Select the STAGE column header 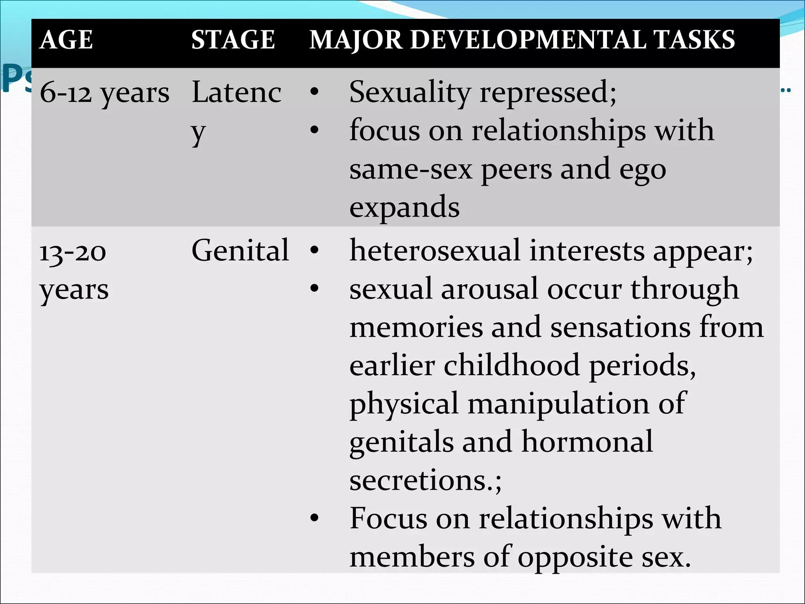point(233,40)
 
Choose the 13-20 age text point(73,252)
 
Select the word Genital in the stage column point(240,250)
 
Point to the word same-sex point(411,170)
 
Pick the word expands point(404,207)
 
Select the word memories point(416,327)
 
